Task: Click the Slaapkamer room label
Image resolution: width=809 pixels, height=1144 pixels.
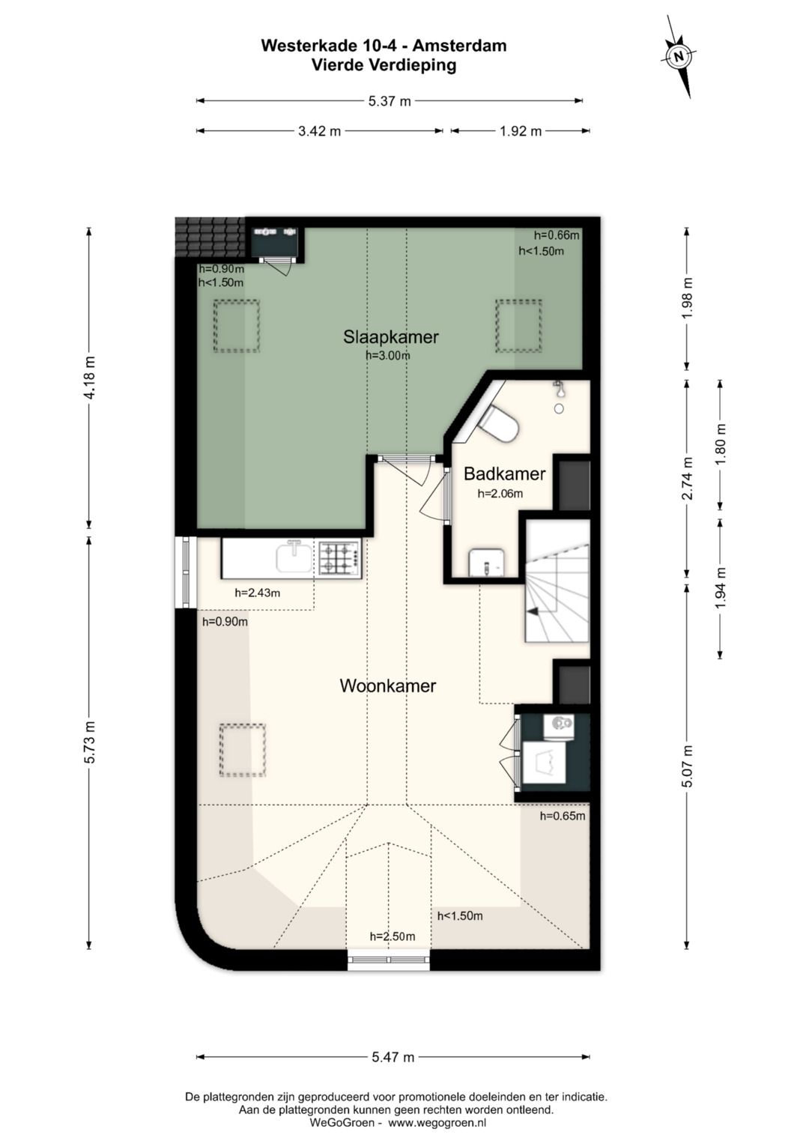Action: pos(391,337)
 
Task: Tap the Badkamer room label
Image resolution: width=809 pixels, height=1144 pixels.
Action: pos(504,474)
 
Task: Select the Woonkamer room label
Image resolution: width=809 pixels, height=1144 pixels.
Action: pos(388,686)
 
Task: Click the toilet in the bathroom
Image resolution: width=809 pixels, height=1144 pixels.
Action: pos(499,423)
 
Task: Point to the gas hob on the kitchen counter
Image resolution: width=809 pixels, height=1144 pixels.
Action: pos(340,558)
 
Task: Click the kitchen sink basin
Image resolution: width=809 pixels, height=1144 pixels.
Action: pos(294,557)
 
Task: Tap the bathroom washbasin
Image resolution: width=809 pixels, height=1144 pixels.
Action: pos(486,563)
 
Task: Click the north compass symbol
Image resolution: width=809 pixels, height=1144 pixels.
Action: pos(678,56)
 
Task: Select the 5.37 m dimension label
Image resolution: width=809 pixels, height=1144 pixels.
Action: pos(390,101)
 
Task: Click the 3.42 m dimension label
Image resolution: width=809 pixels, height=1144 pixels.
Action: pos(320,131)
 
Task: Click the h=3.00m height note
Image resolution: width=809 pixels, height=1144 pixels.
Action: pos(388,355)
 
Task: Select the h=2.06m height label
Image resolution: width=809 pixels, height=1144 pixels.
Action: pos(500,494)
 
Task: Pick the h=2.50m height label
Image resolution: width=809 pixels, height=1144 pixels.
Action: pos(393,936)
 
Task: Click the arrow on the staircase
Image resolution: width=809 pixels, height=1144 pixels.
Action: pos(534,611)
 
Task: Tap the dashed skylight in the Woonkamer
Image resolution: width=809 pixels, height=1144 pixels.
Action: pos(243,750)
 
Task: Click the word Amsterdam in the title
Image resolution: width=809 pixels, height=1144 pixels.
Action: pos(459,46)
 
